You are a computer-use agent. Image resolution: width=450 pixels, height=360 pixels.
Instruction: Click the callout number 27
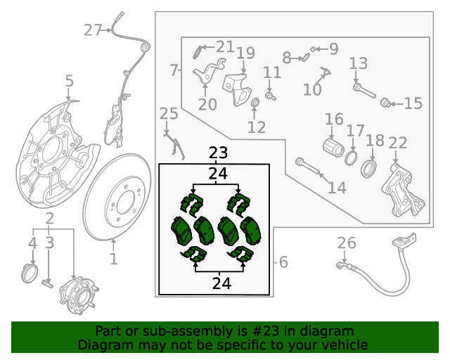click(x=93, y=30)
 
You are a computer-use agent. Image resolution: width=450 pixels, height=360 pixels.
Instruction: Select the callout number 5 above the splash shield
click(x=68, y=82)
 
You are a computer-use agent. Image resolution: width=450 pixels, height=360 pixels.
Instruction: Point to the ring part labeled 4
click(x=30, y=272)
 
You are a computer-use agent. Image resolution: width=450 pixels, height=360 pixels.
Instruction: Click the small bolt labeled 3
click(x=49, y=283)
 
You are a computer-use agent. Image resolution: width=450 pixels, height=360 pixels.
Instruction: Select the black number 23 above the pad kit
click(x=218, y=153)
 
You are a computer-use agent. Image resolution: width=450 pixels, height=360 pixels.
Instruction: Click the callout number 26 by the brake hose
click(x=347, y=243)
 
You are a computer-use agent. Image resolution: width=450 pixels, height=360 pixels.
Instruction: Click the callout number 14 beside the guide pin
click(x=337, y=188)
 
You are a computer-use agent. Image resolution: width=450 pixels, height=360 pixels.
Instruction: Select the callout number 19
click(x=245, y=53)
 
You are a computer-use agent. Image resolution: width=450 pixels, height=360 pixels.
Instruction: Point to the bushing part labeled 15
click(x=385, y=103)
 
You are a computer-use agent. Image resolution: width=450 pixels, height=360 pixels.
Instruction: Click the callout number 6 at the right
click(x=283, y=262)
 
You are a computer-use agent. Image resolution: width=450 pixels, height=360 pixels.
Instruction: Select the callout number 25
click(x=169, y=114)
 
